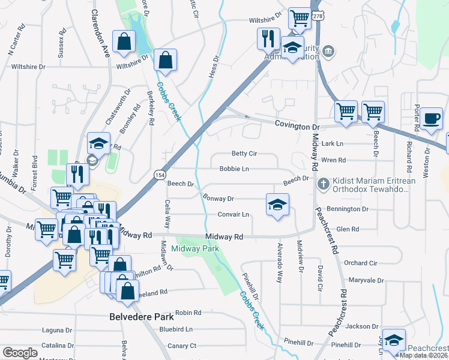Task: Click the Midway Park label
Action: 195,248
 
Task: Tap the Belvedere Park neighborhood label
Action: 142,316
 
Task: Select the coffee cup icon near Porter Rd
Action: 430,118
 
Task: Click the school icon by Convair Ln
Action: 277,205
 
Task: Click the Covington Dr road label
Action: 298,125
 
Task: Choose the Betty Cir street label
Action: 244,154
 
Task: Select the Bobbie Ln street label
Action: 234,169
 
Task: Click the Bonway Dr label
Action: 218,198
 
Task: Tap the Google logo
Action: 20,352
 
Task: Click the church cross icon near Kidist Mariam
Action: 323,182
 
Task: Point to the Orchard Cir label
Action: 361,263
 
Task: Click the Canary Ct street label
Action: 182,346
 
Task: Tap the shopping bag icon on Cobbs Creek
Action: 164,60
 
